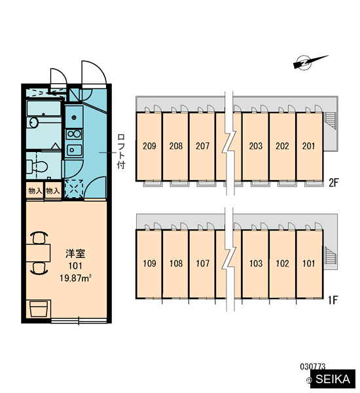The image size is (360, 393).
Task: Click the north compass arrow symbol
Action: tap(310, 62)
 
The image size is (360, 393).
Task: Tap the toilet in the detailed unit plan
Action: tap(37, 166)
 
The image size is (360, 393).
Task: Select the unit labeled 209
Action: tap(149, 146)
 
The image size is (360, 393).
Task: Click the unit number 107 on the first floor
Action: tap(202, 263)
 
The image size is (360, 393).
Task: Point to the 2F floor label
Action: tap(333, 183)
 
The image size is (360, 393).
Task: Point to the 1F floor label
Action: tap(333, 300)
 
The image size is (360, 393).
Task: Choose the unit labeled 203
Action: tap(256, 146)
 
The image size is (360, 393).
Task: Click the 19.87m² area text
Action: tap(75, 278)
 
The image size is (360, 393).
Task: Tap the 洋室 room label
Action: tap(75, 253)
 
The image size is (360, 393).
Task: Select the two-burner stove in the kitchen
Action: tap(74, 134)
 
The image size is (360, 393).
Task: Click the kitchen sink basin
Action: tap(74, 150)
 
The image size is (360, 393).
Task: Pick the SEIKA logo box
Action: tap(333, 379)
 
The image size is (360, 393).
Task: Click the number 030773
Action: tap(313, 367)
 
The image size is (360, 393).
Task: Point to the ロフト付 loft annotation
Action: tap(121, 151)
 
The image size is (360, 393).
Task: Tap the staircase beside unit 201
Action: tap(330, 121)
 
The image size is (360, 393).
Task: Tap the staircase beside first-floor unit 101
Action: tap(329, 255)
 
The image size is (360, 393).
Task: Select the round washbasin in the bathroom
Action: tap(33, 122)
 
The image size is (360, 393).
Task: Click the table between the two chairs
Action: tap(38, 253)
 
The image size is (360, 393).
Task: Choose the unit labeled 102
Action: tap(282, 263)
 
